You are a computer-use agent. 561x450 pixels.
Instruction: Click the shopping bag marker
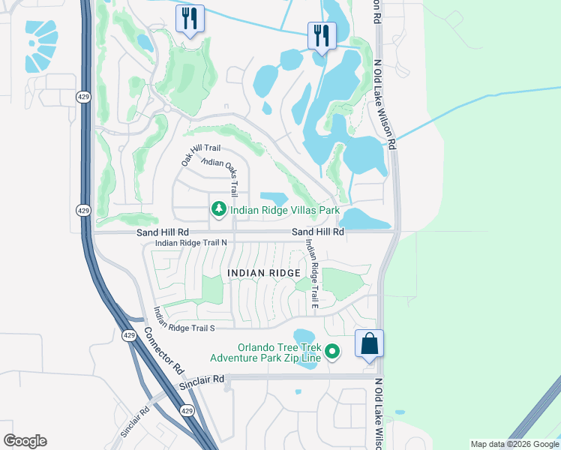(x=368, y=344)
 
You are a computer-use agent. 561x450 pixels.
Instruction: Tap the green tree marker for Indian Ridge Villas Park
(x=218, y=209)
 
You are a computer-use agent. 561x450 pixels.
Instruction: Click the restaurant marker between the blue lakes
(x=322, y=35)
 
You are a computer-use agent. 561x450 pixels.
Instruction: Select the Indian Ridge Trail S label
(x=184, y=320)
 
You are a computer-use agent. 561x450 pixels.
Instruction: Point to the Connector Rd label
(x=163, y=352)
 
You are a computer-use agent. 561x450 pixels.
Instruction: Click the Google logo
(x=25, y=441)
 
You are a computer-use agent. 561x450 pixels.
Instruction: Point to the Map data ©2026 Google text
(x=514, y=444)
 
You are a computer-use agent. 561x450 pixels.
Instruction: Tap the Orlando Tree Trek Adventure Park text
(x=266, y=352)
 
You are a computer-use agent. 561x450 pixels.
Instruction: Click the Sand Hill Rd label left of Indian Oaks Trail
(x=163, y=233)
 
